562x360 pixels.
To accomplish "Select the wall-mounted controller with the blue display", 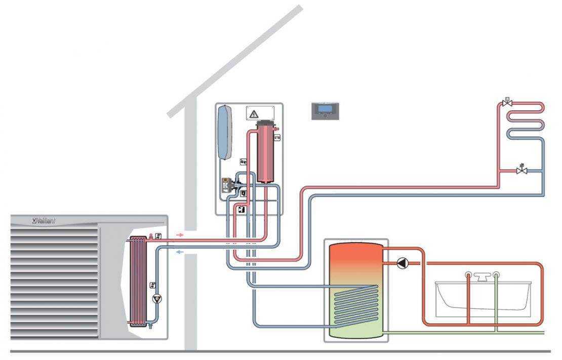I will click(325, 111).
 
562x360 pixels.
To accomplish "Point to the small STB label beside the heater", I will click(277, 138).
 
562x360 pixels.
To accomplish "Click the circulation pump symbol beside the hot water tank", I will click(402, 263).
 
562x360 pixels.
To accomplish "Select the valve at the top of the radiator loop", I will click(506, 103).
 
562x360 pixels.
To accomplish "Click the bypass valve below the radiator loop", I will click(521, 171).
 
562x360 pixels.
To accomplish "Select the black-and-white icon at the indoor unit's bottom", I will click(242, 208).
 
